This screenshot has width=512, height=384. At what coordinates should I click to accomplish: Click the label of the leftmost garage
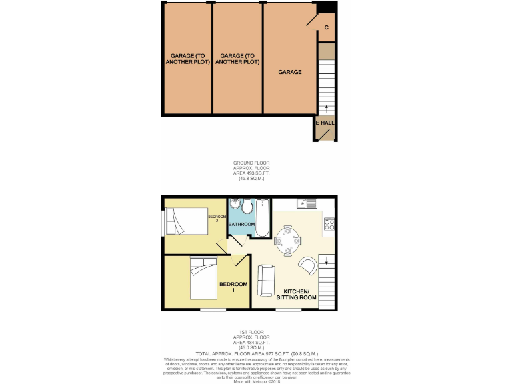pyautogui.click(x=187, y=59)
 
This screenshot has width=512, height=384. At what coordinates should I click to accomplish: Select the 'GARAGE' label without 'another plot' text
pyautogui.click(x=290, y=72)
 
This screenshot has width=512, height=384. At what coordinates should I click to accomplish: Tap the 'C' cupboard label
pyautogui.click(x=326, y=27)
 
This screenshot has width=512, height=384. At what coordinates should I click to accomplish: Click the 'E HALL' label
pyautogui.click(x=325, y=123)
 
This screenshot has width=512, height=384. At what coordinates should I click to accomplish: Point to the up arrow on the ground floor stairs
pyautogui.click(x=326, y=106)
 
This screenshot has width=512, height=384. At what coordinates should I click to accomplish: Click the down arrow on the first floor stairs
pyautogui.click(x=327, y=263)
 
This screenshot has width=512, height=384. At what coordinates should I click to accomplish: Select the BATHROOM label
pyautogui.click(x=241, y=225)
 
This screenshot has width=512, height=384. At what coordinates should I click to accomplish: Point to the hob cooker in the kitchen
pyautogui.click(x=329, y=225)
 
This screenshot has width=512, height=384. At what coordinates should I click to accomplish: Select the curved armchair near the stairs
pyautogui.click(x=308, y=266)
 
